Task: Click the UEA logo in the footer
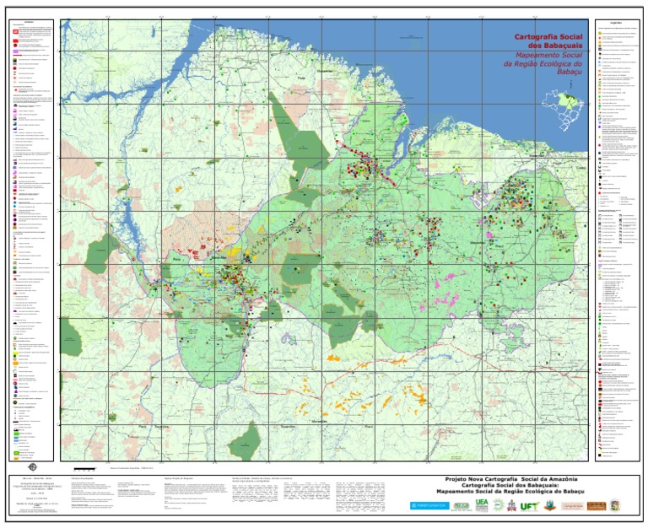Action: tap(481, 504)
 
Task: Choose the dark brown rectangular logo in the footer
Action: tap(597, 505)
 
